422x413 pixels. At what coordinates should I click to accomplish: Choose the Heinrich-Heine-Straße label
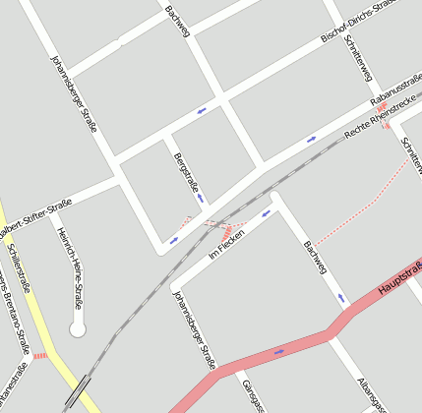(70, 267)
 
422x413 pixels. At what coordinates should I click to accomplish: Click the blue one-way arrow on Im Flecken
(265, 212)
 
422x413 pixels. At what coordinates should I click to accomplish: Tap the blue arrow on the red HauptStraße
(278, 351)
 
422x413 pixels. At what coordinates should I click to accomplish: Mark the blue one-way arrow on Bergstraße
(201, 198)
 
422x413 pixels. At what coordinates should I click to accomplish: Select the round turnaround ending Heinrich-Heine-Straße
(78, 328)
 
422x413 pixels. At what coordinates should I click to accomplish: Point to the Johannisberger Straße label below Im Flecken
(194, 328)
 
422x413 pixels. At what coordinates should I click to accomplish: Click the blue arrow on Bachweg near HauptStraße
(342, 296)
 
